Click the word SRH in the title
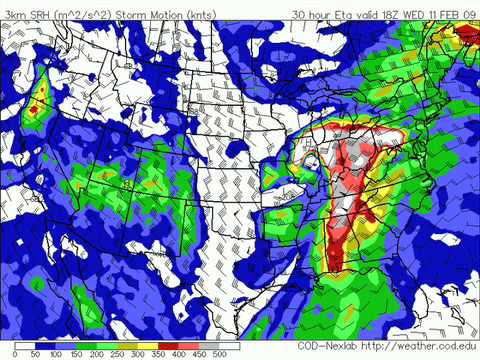click(37, 14)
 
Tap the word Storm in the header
click(128, 14)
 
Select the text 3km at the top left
click(13, 14)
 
